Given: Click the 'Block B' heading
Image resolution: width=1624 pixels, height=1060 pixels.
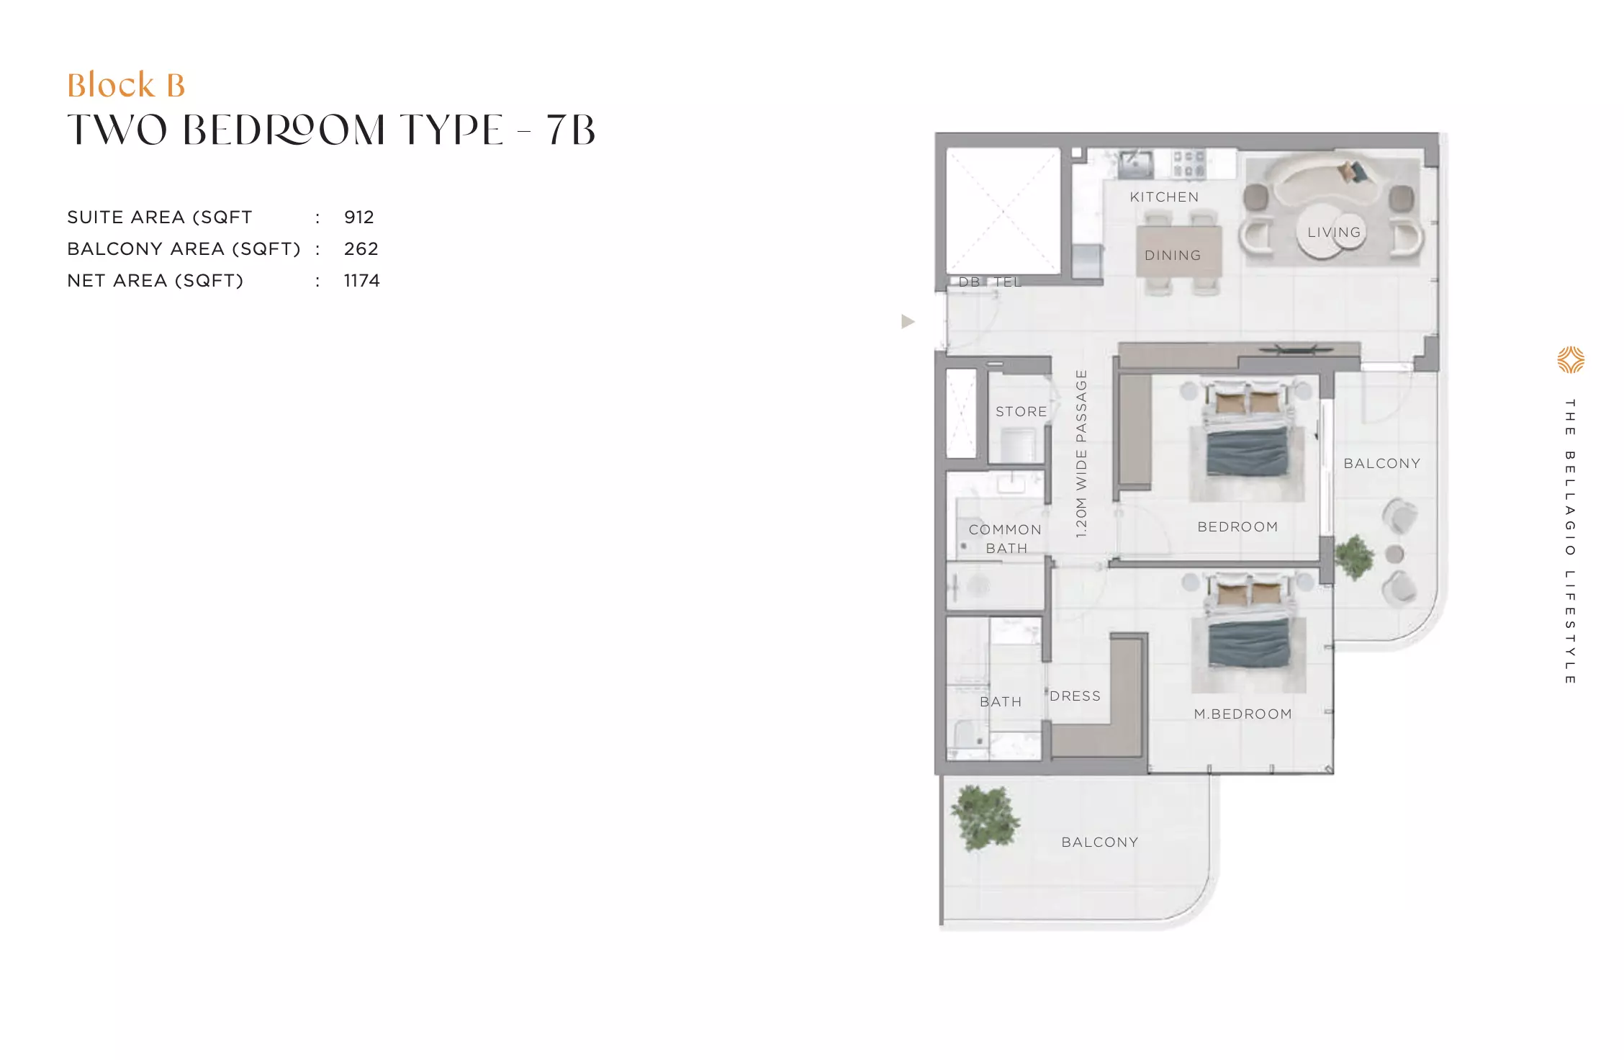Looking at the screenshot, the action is pyautogui.click(x=126, y=85).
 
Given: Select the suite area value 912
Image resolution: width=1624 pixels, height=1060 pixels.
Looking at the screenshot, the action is pyautogui.click(x=358, y=217).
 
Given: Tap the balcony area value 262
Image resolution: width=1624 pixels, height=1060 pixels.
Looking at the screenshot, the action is pyautogui.click(x=361, y=249).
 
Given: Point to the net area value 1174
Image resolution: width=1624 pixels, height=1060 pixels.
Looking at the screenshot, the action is pyautogui.click(x=361, y=281).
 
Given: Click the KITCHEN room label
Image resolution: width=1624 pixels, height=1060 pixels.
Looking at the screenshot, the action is pyautogui.click(x=1164, y=197).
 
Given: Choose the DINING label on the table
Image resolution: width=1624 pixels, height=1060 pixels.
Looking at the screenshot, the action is pyautogui.click(x=1173, y=256).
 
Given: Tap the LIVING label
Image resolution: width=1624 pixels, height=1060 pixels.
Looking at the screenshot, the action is pyautogui.click(x=1334, y=233).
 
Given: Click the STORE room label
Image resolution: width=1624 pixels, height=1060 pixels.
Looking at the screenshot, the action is pyautogui.click(x=1021, y=412).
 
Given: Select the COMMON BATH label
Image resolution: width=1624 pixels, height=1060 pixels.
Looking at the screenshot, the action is pyautogui.click(x=1005, y=539).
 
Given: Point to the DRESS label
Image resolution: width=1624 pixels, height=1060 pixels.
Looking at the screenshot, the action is pyautogui.click(x=1075, y=696).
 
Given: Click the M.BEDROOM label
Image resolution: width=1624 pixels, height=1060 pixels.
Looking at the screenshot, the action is pyautogui.click(x=1242, y=714).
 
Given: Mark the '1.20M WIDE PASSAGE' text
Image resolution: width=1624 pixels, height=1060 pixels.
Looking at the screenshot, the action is pyautogui.click(x=1081, y=454).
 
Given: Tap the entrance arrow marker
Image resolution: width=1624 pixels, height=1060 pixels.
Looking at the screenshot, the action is pyautogui.click(x=908, y=321).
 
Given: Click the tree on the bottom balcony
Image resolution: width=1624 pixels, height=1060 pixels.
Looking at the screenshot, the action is pyautogui.click(x=985, y=818).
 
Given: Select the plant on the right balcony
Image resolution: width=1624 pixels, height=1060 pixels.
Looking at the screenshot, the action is pyautogui.click(x=1354, y=557).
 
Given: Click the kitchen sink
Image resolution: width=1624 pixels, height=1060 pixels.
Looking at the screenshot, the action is pyautogui.click(x=1135, y=164).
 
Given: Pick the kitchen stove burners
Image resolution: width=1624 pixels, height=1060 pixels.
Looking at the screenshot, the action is pyautogui.click(x=1188, y=163).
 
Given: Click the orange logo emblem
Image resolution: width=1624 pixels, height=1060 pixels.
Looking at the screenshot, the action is pyautogui.click(x=1571, y=360).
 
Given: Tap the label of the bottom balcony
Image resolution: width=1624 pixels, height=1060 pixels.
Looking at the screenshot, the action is pyautogui.click(x=1100, y=843).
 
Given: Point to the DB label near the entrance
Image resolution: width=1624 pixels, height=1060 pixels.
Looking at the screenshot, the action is pyautogui.click(x=969, y=282).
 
